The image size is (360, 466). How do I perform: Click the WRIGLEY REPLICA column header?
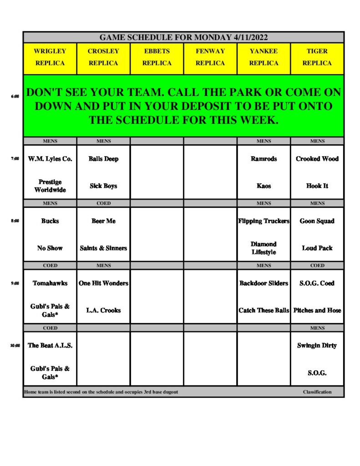coord(50,57)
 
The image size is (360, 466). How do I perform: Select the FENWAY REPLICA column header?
coord(210,57)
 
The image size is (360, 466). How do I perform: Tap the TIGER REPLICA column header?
coord(317,57)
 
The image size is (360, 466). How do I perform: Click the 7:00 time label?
coord(15,159)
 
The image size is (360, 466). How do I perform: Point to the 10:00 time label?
coord(15,345)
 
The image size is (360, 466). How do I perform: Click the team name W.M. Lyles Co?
coord(50,159)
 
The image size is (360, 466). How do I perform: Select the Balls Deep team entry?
coord(103,159)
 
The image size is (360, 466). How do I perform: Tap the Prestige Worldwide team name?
coord(50,186)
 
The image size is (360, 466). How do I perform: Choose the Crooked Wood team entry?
coord(317,159)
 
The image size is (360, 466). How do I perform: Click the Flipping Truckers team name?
coord(264,221)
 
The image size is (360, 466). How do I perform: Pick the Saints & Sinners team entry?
coord(103,248)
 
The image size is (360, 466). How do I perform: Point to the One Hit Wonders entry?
coord(103,283)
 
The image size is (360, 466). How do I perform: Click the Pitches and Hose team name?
coord(317,310)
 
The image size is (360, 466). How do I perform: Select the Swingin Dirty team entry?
coord(317,345)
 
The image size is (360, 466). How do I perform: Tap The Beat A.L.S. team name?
coord(50,345)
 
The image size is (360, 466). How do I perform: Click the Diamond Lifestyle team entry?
coord(264,248)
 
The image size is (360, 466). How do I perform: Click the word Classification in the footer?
coord(317,392)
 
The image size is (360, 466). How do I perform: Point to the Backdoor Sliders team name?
coord(264,283)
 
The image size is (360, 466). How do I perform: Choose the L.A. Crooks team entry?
coord(103,310)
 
